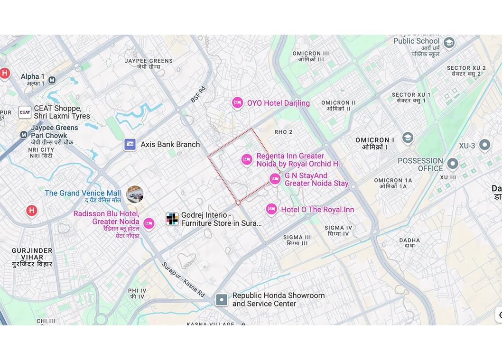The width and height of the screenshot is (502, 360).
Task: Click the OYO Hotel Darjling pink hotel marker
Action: [x=237, y=102]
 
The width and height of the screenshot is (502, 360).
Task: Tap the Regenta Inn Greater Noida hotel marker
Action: [x=246, y=160]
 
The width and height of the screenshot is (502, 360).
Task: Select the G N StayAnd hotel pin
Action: [x=275, y=179]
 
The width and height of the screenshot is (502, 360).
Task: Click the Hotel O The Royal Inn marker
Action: [x=271, y=209]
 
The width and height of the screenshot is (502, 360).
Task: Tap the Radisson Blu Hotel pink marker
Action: [x=149, y=223]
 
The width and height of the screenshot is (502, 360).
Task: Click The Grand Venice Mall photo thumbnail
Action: [x=135, y=194]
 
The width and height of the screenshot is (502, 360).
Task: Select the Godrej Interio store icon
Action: [x=172, y=219]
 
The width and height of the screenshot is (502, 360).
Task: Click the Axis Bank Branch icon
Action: [x=130, y=144]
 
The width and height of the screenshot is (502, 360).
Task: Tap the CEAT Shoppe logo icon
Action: [x=25, y=112]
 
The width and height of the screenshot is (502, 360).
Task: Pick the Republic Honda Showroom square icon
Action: [x=222, y=300]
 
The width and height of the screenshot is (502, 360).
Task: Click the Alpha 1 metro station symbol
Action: [x=52, y=80]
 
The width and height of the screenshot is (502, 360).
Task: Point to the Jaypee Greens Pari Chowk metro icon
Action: [x=23, y=135]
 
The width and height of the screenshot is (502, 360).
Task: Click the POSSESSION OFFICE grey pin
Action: [x=453, y=164]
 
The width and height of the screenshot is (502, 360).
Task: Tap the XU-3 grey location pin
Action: [x=484, y=145]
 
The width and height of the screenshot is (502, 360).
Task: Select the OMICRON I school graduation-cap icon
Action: [x=407, y=138]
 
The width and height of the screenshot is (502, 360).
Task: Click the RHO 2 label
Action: [x=283, y=132]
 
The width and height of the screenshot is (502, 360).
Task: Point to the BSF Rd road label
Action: [x=198, y=94]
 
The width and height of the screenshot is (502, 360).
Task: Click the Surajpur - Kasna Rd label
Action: [x=183, y=280]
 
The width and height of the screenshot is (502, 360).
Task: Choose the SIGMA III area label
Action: [x=297, y=240]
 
